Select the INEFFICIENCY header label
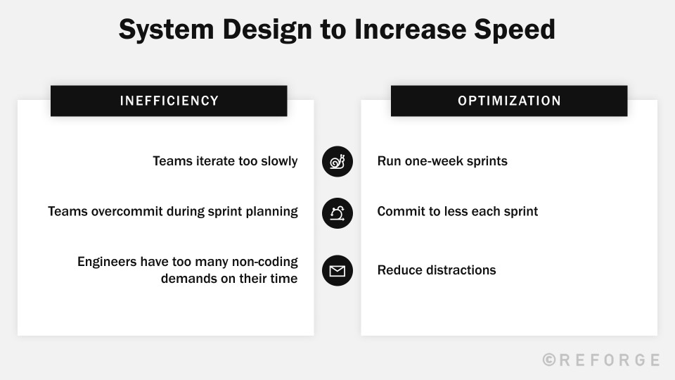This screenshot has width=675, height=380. (x=169, y=101)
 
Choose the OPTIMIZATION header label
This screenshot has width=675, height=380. (x=509, y=101)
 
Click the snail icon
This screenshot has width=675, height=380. (x=337, y=161)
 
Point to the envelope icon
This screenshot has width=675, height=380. (x=337, y=270)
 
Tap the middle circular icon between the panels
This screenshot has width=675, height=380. (x=337, y=212)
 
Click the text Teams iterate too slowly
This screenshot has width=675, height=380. (x=225, y=161)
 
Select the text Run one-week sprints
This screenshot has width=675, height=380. (x=442, y=161)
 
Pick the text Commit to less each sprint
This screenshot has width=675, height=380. (x=457, y=211)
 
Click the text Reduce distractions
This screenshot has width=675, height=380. (x=437, y=270)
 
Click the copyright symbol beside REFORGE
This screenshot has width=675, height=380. (x=550, y=360)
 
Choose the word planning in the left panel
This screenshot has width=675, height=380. (x=272, y=211)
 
